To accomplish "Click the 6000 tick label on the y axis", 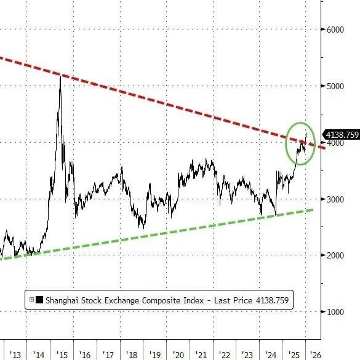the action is pyautogui.click(x=335, y=30).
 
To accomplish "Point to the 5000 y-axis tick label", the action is pyautogui.click(x=335, y=86).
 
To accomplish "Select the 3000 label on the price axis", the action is pyautogui.click(x=335, y=199).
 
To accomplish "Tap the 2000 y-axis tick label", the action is pyautogui.click(x=335, y=255).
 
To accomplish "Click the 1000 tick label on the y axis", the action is pyautogui.click(x=335, y=312).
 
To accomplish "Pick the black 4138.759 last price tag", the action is pyautogui.click(x=342, y=135).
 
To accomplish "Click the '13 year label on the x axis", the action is pyautogui.click(x=15, y=354).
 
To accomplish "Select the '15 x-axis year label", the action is pyautogui.click(x=62, y=354).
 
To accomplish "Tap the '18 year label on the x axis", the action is pyautogui.click(x=132, y=354).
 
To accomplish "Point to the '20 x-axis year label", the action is pyautogui.click(x=178, y=354).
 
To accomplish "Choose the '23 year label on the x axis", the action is pyautogui.click(x=247, y=354).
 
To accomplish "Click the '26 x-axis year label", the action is pyautogui.click(x=316, y=354).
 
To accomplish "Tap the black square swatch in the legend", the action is pyautogui.click(x=39, y=300).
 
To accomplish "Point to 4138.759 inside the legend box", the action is pyautogui.click(x=272, y=300).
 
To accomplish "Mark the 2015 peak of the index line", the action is pyautogui.click(x=60, y=76).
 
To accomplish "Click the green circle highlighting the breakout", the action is pyautogui.click(x=286, y=143).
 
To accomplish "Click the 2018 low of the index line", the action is pyautogui.click(x=144, y=228).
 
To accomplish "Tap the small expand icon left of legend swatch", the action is pyautogui.click(x=31, y=300).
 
